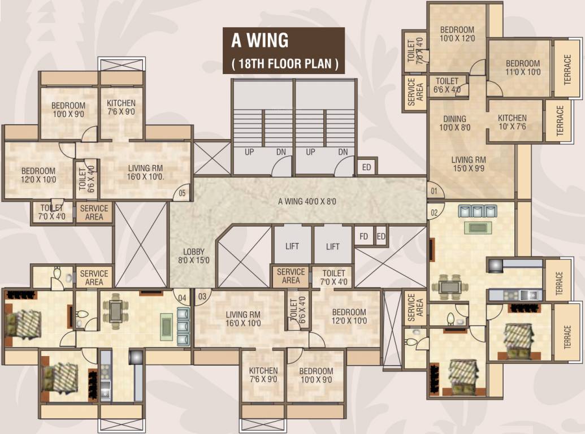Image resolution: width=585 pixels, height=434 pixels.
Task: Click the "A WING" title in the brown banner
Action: [259, 41]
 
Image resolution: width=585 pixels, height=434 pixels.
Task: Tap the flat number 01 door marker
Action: [434, 191]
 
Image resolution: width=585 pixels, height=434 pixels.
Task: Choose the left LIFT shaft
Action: [292, 246]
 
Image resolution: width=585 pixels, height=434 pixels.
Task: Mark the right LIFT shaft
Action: [333, 246]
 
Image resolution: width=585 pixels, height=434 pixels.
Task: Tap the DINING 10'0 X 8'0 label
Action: [454, 123]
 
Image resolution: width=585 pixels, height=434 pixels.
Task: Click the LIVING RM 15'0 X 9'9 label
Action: [469, 164]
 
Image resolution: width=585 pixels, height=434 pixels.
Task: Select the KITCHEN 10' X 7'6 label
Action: [512, 122]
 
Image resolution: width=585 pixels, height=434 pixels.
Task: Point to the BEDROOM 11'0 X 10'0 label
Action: [522, 68]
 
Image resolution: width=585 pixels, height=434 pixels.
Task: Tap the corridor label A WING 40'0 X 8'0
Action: [307, 202]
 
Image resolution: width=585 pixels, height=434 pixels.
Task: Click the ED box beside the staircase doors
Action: [366, 167]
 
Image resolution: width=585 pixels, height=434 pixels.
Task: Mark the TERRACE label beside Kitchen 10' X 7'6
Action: [560, 120]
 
